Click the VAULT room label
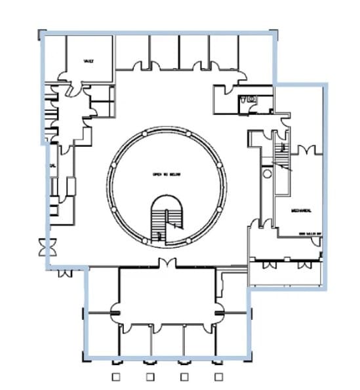pyautogui.click(x=89, y=61)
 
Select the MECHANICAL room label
pyautogui.click(x=300, y=210)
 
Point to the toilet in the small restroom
pyautogui.click(x=244, y=100)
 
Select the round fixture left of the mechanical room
pyautogui.click(x=267, y=174)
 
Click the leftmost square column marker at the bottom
pyautogui.click(x=115, y=377)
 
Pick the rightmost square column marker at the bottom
pyautogui.click(x=218, y=377)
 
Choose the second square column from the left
pyautogui.click(x=150, y=377)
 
